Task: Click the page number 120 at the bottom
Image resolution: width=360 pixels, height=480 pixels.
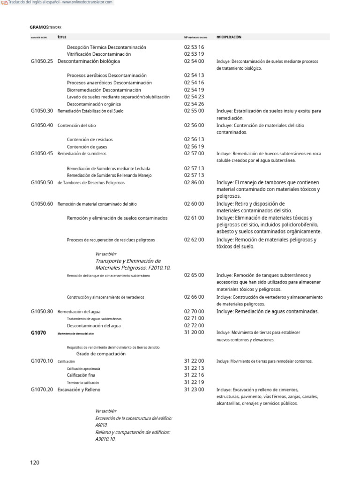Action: (35, 463)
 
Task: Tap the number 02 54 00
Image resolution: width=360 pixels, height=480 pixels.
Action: (194, 61)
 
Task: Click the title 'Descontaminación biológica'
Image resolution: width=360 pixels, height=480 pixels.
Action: (89, 61)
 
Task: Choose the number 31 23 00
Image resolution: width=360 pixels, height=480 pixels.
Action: (194, 390)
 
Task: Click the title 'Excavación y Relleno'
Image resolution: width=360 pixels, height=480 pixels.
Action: (79, 390)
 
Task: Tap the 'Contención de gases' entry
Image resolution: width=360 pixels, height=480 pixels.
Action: (86, 146)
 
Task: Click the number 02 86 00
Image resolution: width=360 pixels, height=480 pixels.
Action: (194, 182)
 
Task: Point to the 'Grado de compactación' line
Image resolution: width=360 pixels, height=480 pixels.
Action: (101, 354)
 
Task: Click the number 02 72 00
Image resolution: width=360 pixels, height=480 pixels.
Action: (194, 325)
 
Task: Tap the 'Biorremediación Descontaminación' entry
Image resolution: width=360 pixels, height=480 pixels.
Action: (104, 90)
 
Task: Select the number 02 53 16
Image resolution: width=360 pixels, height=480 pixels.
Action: (194, 47)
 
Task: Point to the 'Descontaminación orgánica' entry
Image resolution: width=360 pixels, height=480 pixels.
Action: (94, 104)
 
